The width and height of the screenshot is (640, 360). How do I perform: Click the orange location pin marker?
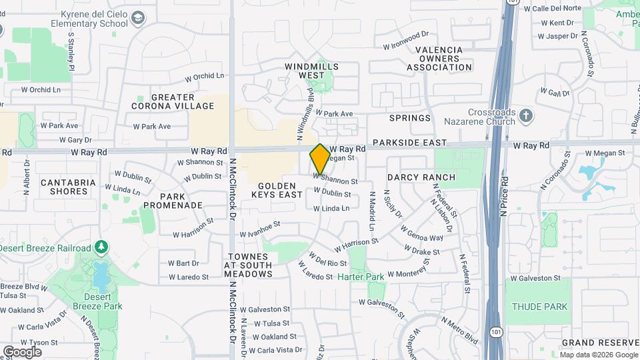tap(320, 159)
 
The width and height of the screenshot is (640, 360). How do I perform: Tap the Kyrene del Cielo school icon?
tap(139, 18)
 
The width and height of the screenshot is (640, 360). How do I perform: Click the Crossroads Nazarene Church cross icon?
tap(526, 116)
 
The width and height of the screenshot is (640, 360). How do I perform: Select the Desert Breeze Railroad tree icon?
tap(101, 248)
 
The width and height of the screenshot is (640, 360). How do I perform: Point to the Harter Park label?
tap(361, 277)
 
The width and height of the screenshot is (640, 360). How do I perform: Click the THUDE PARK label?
tap(540, 307)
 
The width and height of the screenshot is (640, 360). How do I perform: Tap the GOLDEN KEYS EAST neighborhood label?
tap(277, 190)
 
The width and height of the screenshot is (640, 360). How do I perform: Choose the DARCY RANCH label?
tap(421, 177)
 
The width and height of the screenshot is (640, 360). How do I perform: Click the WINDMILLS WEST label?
tap(312, 71)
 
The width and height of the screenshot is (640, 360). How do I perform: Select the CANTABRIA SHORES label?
tap(64, 187)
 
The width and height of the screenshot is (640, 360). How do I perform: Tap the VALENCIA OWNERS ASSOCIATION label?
tap(439, 59)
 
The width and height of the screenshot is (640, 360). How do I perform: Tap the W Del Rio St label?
tap(329, 260)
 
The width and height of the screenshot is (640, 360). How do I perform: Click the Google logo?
tap(22, 352)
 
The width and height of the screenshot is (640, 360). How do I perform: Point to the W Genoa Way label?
tap(422, 233)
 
